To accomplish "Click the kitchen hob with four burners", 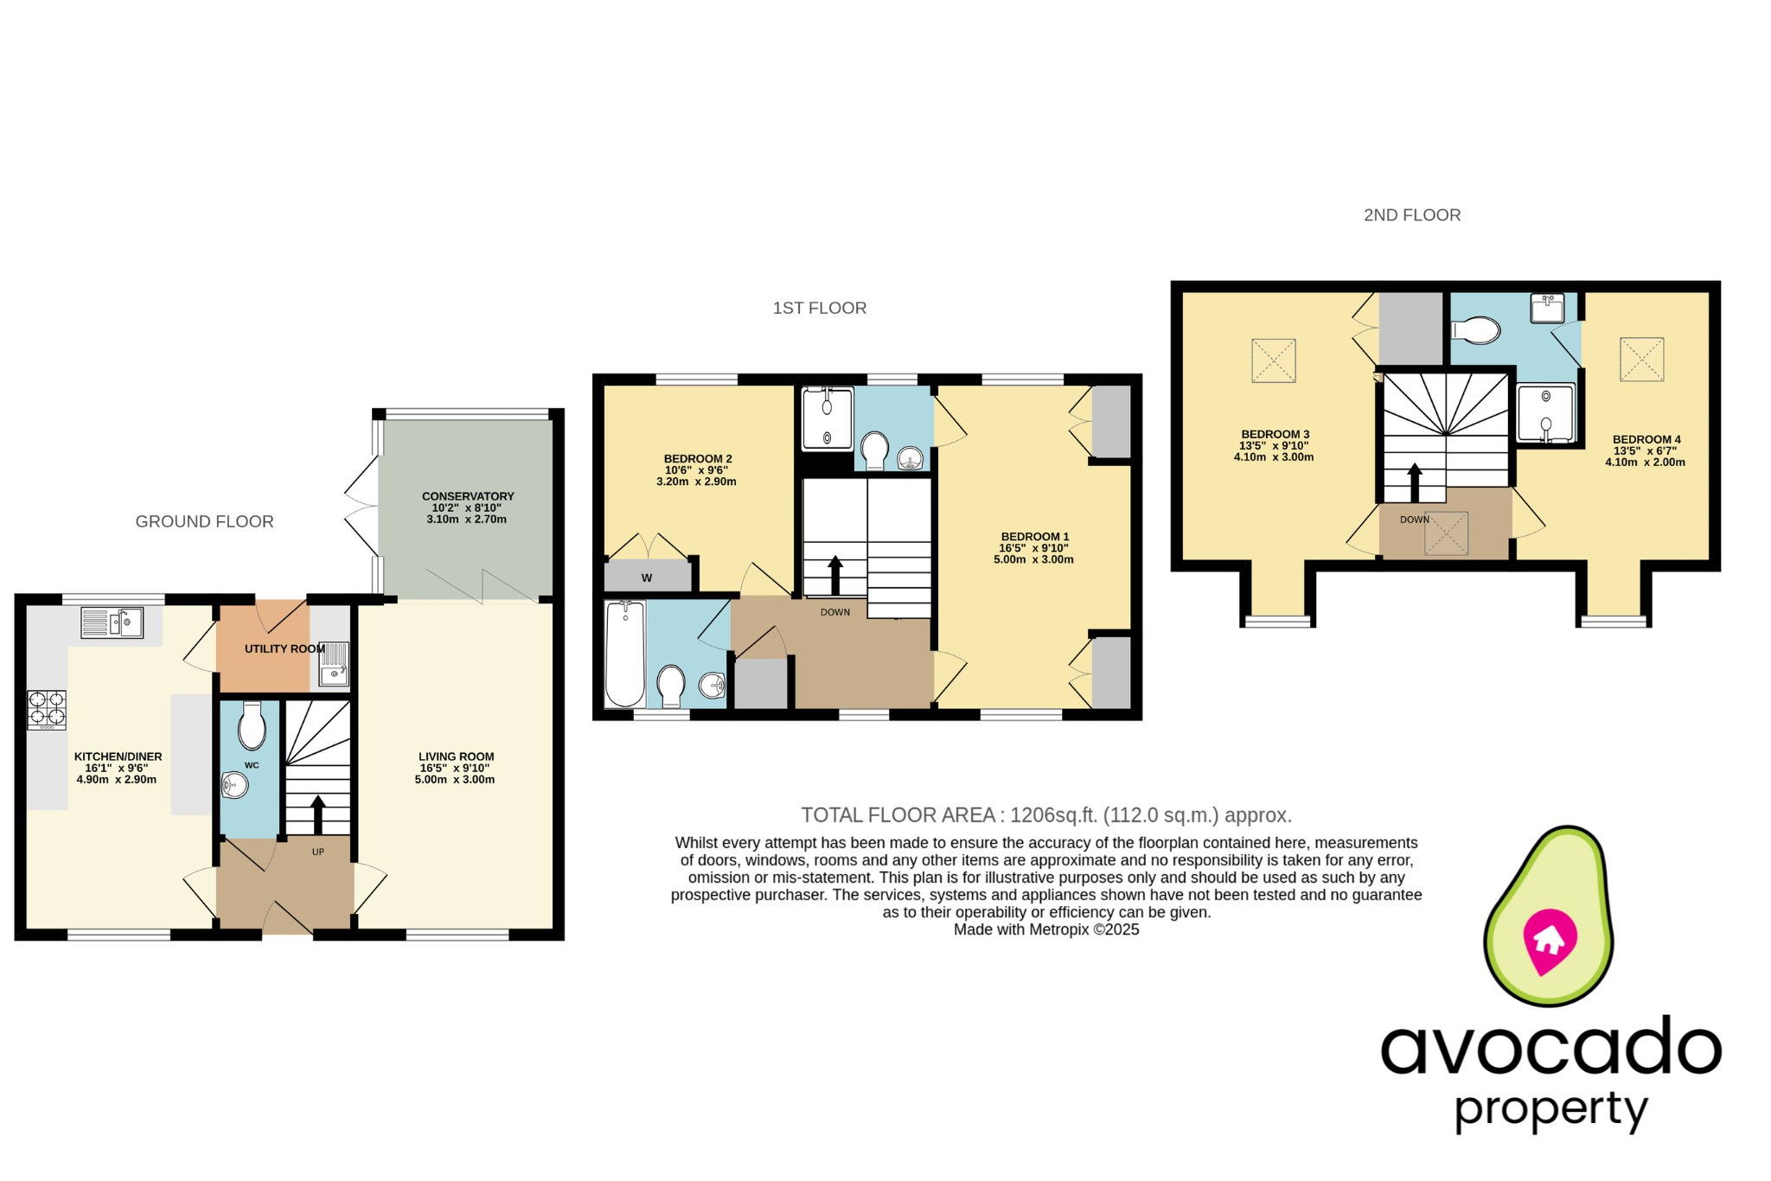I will click(x=47, y=709).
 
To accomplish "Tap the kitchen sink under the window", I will click(x=112, y=622).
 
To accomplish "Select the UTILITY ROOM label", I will click(x=285, y=648).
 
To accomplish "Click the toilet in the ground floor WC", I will click(x=252, y=727).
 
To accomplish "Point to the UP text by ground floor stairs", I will click(x=318, y=852).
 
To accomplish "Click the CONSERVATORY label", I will click(x=468, y=496).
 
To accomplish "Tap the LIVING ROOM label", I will click(x=456, y=756).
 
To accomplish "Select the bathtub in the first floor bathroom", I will click(x=624, y=654).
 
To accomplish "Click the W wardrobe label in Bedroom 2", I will click(x=646, y=578).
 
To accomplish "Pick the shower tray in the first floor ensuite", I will click(x=827, y=418).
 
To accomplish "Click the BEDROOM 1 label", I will click(x=1034, y=536).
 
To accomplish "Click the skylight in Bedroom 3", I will click(x=1273, y=361).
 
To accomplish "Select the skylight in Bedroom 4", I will click(x=1641, y=359).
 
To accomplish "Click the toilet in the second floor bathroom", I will click(x=1477, y=329).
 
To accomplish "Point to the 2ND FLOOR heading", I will click(x=1411, y=215).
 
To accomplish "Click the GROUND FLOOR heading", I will click(x=204, y=521).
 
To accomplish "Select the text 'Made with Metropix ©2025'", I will click(x=1045, y=929).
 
